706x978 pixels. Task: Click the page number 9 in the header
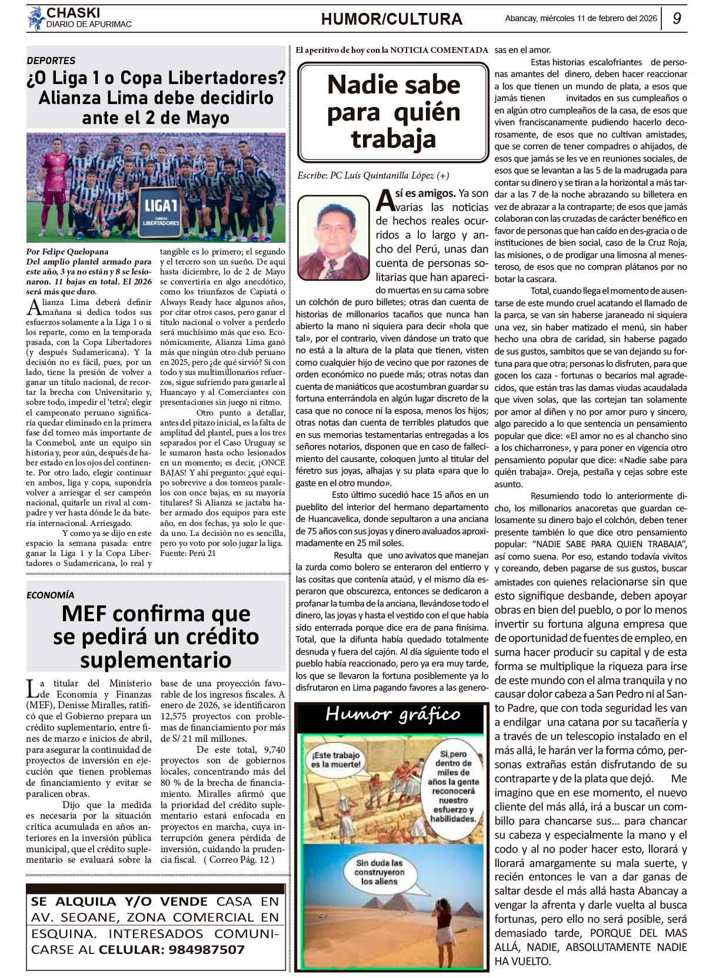(x=677, y=18)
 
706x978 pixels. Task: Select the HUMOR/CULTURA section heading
(x=391, y=19)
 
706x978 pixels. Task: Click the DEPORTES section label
(x=51, y=61)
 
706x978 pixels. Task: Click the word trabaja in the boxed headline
(x=393, y=139)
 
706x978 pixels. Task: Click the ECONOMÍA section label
(x=51, y=595)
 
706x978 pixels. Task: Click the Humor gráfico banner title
(x=392, y=715)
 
